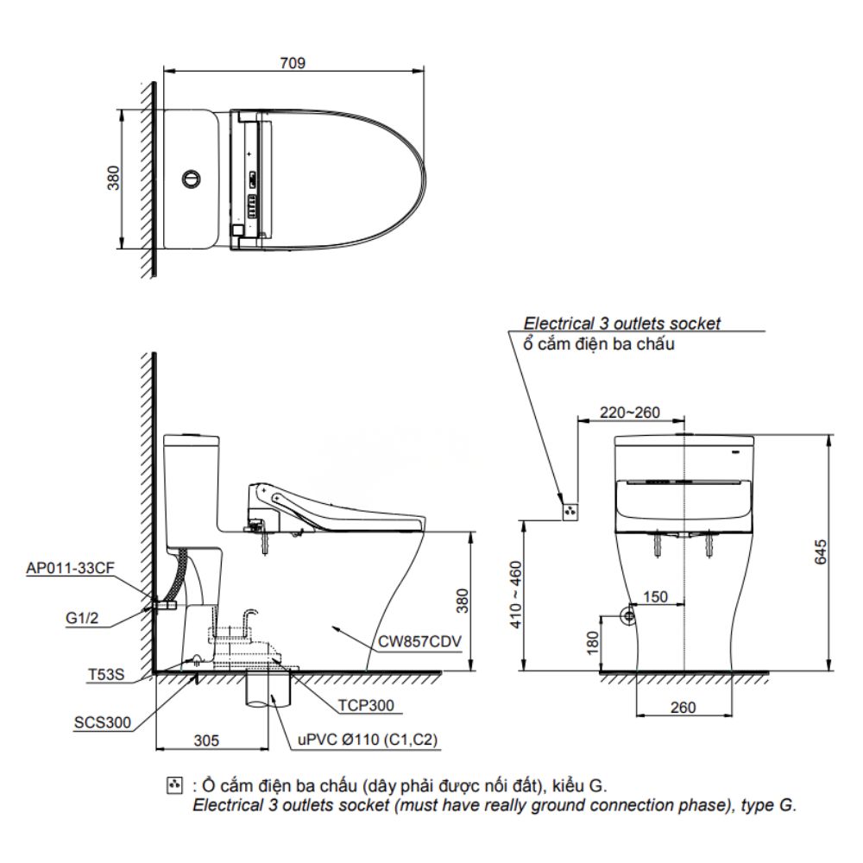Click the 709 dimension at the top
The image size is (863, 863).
[293, 63]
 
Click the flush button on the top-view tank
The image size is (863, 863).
[191, 179]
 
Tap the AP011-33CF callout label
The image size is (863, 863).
[71, 568]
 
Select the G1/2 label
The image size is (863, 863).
[82, 618]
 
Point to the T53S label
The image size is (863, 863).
[107, 674]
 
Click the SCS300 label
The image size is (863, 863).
[103, 722]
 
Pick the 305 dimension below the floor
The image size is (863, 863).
[206, 740]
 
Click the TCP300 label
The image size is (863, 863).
[366, 705]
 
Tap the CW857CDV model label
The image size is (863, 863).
[420, 641]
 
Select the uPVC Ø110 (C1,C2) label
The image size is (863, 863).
[368, 740]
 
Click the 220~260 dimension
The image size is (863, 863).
[630, 413]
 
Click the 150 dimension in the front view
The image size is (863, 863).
[655, 596]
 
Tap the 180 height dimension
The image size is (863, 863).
[592, 643]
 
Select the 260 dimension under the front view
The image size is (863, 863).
[683, 708]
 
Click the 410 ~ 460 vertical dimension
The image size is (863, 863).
[516, 595]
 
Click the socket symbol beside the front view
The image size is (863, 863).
[570, 511]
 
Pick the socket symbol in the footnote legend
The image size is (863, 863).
[174, 785]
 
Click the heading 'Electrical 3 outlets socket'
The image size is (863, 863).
[621, 324]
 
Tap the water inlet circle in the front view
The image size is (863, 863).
[627, 616]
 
